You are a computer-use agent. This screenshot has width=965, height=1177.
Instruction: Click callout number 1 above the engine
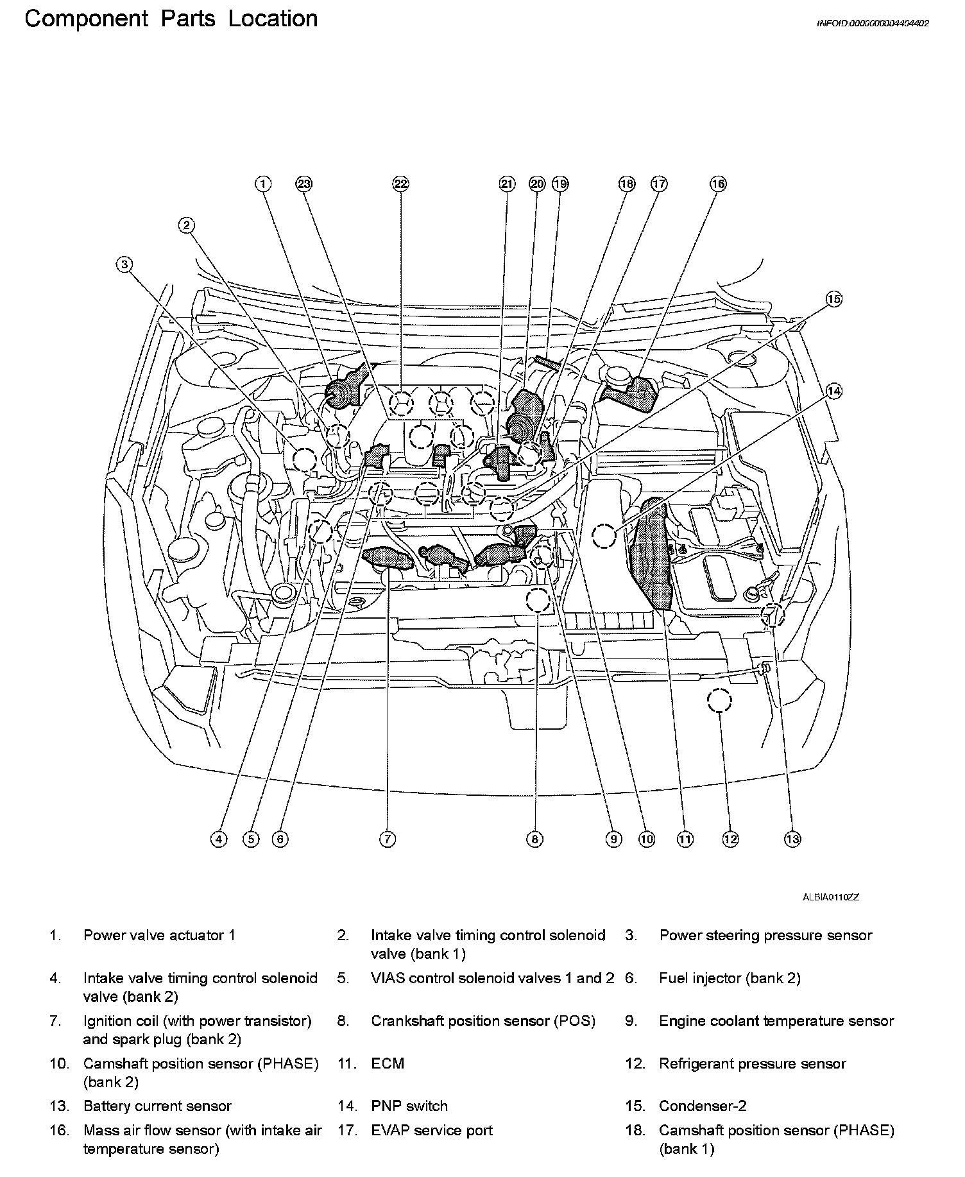(x=263, y=184)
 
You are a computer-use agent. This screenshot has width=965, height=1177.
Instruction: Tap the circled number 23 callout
(x=303, y=184)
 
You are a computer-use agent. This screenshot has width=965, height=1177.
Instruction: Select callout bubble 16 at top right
(x=717, y=184)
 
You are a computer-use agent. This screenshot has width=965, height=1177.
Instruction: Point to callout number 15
(x=833, y=299)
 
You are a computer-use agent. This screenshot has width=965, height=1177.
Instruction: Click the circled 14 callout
(x=833, y=391)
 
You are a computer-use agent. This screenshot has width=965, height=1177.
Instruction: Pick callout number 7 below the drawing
(x=387, y=839)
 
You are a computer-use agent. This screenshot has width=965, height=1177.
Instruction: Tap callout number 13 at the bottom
(x=792, y=839)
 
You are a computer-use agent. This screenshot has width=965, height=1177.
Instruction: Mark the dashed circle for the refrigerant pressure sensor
(x=719, y=701)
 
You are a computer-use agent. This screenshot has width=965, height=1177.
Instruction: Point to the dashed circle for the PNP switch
(x=604, y=535)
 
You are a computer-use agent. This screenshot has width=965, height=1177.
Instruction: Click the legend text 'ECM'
(x=388, y=1063)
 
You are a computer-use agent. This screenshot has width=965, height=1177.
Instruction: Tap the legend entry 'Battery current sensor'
(x=157, y=1106)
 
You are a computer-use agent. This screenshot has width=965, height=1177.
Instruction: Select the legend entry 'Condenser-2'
(x=703, y=1106)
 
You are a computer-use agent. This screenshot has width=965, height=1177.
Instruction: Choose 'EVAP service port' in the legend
(x=432, y=1130)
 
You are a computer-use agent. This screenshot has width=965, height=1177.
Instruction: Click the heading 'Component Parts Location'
(x=171, y=19)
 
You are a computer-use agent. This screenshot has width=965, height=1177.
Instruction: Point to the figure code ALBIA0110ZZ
(x=830, y=897)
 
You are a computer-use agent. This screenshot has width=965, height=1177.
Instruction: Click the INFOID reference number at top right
(x=873, y=23)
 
